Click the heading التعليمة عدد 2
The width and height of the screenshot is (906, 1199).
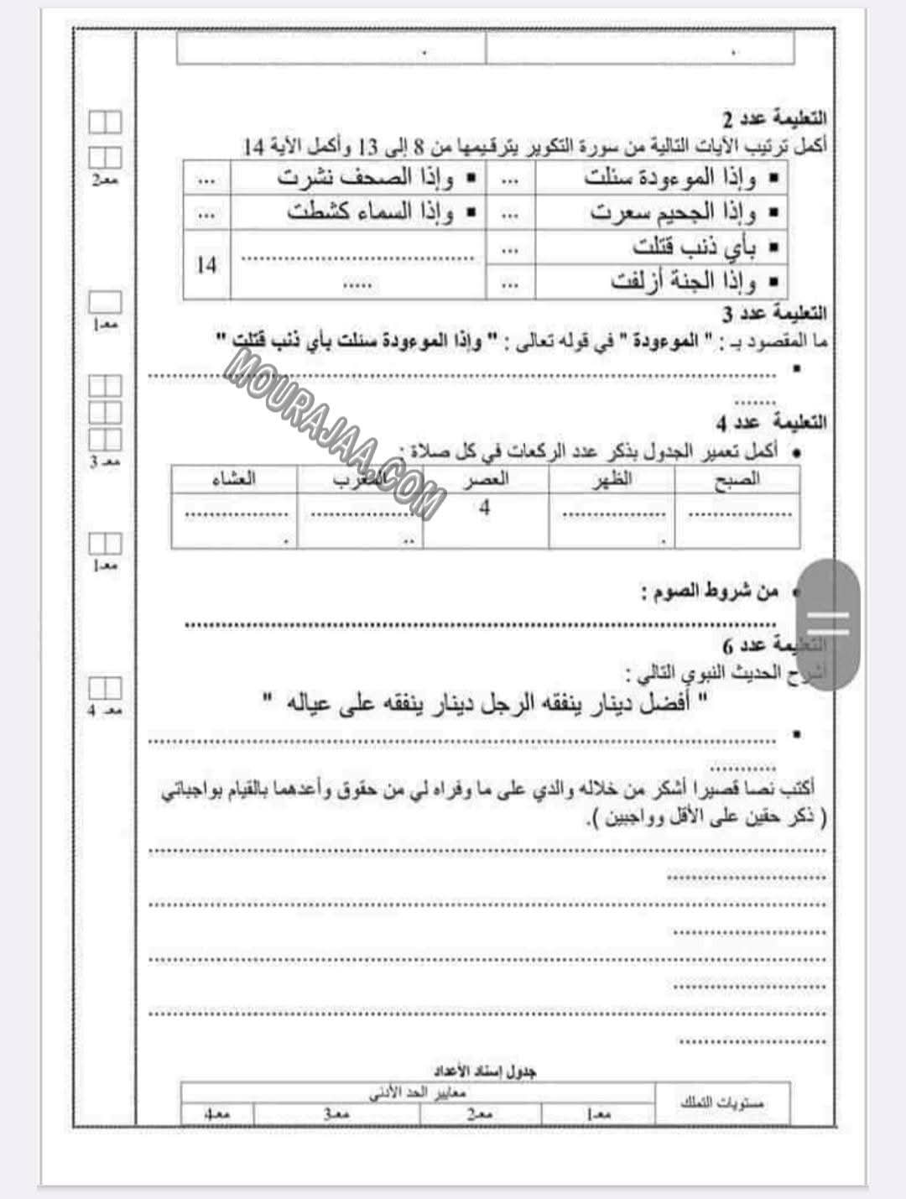click(x=774, y=117)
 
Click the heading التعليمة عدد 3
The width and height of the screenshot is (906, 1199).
click(x=774, y=314)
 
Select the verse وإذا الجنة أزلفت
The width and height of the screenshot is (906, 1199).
click(x=683, y=282)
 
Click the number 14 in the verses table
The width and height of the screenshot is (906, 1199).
click(x=206, y=265)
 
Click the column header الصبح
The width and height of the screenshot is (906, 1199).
click(x=736, y=479)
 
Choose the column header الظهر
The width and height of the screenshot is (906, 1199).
click(x=612, y=479)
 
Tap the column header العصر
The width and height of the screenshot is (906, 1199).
click(x=486, y=479)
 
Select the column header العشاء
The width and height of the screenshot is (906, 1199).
click(x=234, y=479)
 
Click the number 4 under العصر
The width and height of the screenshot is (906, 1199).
click(x=484, y=508)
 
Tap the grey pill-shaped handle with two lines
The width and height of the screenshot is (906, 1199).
click(x=827, y=624)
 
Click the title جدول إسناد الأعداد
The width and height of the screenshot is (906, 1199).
click(x=485, y=1071)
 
